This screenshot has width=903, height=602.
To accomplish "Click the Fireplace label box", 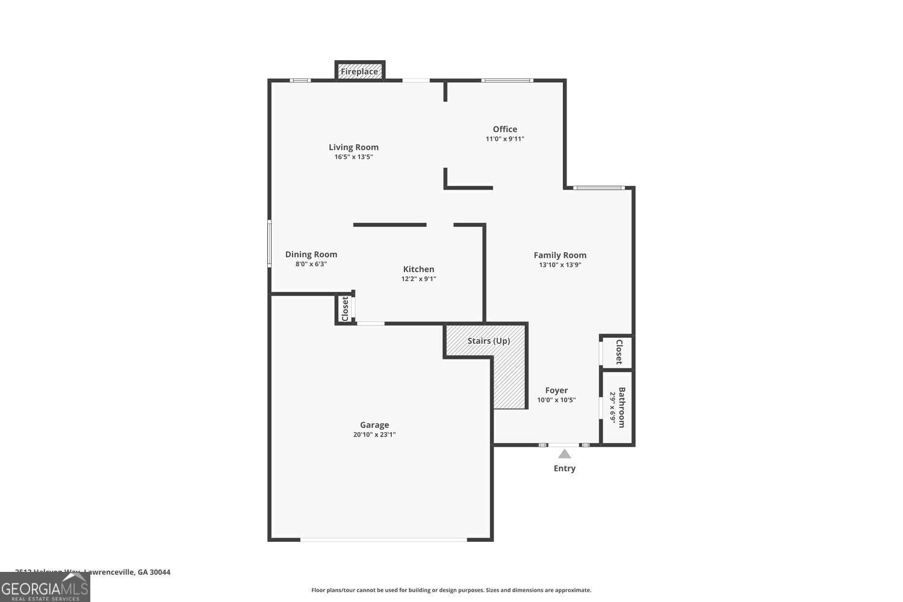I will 359,72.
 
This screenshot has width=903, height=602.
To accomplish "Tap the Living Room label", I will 353,147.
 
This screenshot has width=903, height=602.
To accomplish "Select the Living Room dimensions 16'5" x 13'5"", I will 353,157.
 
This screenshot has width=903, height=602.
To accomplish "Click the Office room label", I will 504,129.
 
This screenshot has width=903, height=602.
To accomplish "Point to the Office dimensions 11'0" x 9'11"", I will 504,139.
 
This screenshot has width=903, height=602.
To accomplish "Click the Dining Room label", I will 311,254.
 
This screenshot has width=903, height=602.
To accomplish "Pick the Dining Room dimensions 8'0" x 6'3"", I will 311,264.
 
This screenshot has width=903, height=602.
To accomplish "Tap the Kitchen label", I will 418,269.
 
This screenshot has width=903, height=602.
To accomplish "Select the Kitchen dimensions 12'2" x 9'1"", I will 418,279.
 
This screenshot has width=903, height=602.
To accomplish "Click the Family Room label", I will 560,255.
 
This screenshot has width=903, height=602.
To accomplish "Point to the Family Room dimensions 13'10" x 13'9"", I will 560,265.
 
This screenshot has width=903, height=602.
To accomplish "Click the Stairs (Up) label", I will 488,341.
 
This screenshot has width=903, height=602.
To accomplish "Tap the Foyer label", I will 556,390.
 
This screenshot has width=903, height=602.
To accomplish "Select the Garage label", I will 374,424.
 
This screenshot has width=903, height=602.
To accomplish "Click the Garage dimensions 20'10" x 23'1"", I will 374,435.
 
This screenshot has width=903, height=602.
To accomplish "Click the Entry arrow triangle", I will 564,454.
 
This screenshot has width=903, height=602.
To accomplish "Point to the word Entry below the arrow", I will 564,468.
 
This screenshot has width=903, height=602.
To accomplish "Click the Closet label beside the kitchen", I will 345,309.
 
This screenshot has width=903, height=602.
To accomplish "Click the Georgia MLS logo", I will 45,588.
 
